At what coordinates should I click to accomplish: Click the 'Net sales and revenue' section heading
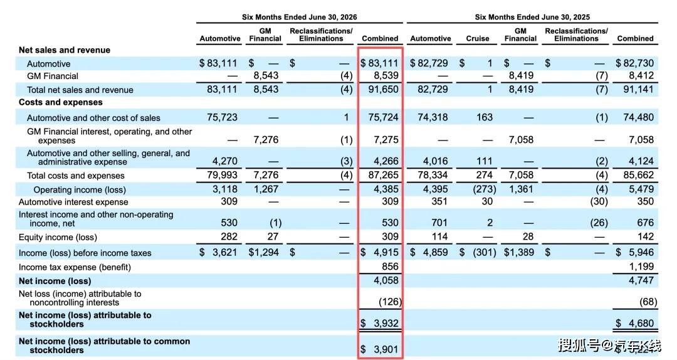pos(65,50)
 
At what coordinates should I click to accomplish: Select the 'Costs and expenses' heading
pos(60,102)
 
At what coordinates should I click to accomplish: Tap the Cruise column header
pos(478,38)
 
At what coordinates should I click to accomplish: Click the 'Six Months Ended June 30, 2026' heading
pos(299,18)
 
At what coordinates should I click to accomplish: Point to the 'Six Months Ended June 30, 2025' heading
pos(532,18)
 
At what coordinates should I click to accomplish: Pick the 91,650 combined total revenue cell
pos(383,90)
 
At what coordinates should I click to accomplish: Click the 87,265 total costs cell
pos(383,175)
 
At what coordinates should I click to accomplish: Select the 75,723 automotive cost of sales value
pos(222,117)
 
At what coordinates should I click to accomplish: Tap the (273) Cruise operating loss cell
pos(484,189)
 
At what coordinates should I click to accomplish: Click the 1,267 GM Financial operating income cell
pos(266,189)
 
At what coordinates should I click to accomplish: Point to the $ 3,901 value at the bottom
pos(379,349)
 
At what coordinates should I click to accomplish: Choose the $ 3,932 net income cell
pos(379,323)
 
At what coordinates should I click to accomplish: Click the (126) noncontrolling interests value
pos(390,301)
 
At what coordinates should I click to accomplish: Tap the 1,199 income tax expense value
pos(641,266)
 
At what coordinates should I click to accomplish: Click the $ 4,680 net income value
pos(634,323)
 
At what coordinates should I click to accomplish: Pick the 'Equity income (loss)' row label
pos(58,237)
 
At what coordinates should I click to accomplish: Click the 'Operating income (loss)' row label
pos(80,190)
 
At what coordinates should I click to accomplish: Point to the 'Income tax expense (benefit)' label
pos(75,267)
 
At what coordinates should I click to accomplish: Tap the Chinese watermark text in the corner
pos(610,346)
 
